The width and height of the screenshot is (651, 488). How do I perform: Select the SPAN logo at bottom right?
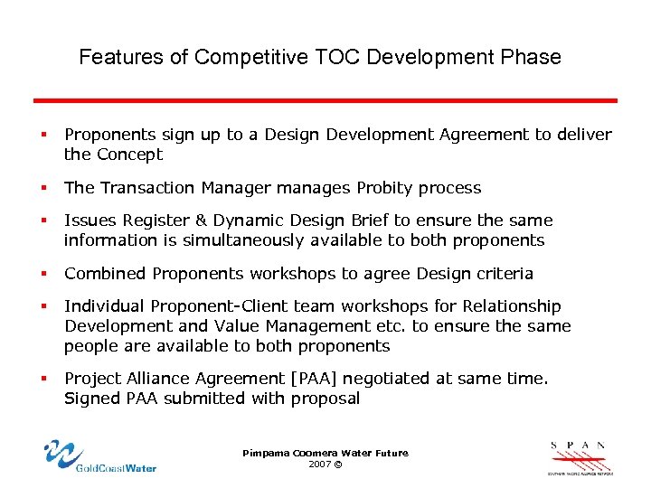pos(580,457)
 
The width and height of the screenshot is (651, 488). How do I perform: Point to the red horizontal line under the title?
pos(325,100)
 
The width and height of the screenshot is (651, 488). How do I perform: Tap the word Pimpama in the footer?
pos(262,453)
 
